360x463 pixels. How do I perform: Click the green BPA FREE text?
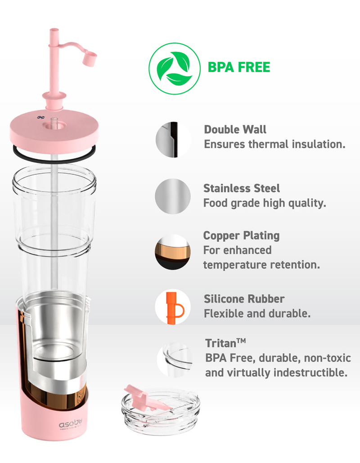(238, 67)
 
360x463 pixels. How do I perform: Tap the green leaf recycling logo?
(175, 68)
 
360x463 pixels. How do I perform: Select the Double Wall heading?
(235, 129)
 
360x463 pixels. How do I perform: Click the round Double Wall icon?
(173, 139)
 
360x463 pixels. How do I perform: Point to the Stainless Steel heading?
(241, 188)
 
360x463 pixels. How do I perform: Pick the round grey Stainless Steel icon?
(173, 196)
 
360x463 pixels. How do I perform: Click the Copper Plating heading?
(241, 236)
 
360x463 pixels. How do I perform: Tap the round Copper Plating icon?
(173, 252)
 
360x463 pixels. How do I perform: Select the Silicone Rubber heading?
(244, 299)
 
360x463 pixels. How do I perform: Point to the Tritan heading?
(225, 343)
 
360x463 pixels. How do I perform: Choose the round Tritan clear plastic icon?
(175, 360)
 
